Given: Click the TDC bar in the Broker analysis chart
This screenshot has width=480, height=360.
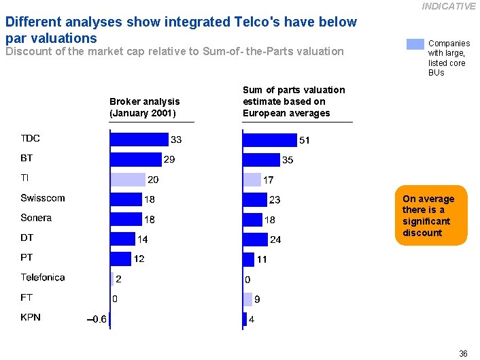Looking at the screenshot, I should point(139,139).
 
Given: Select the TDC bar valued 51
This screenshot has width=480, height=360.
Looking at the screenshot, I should point(270,140).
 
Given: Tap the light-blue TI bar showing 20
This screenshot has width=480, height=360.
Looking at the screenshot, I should point(128,179).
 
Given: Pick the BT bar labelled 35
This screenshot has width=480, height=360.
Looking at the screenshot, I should point(261,159).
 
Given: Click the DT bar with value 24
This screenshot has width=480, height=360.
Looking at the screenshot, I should point(255,239).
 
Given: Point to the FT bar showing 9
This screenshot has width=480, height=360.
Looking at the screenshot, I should point(247,299).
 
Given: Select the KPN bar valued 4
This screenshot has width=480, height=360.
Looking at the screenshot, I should point(245,318).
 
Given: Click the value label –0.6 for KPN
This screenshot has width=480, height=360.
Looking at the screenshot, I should point(97,318).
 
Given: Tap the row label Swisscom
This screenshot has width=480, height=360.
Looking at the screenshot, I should point(42,198).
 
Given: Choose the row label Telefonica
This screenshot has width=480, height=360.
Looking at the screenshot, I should point(42,278).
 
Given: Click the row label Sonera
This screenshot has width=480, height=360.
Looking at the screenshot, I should point(36,218).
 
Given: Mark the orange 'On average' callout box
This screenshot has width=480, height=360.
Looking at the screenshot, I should point(431,216).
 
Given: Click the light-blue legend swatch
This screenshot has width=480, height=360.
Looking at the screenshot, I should point(415,44).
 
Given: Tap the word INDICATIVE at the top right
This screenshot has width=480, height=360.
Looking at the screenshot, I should point(448,6).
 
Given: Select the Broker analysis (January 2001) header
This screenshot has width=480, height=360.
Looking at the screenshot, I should point(144,107).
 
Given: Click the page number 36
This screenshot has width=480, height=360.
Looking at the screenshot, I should point(463,353).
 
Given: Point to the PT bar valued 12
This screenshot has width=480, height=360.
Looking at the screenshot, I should point(120,259).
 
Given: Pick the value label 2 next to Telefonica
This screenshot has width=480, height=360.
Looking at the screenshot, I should point(119,278).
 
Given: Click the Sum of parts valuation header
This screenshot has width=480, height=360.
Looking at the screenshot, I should point(294,101).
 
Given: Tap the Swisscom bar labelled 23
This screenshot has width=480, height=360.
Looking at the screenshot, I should point(255,199).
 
